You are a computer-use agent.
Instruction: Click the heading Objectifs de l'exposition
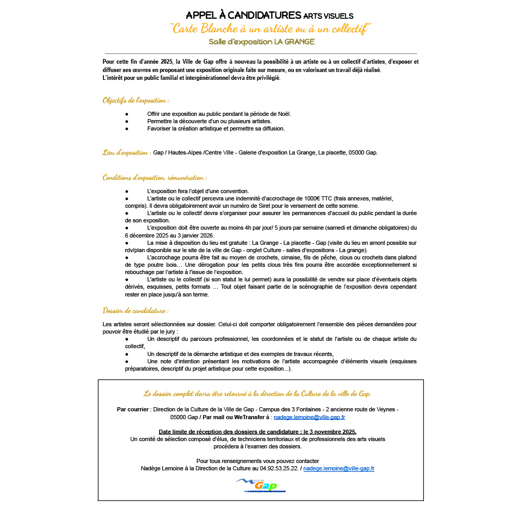click(x=136, y=100)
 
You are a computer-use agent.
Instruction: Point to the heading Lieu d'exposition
click(x=127, y=152)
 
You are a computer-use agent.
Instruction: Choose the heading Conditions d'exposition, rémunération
click(x=155, y=177)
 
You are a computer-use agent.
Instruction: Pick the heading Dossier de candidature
click(x=135, y=311)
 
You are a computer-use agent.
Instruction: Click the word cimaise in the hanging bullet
click(x=295, y=257)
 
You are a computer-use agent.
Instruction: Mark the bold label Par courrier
click(x=133, y=410)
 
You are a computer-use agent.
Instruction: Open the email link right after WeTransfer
click(x=309, y=418)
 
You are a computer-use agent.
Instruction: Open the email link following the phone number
click(x=339, y=469)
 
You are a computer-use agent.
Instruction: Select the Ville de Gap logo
click(x=260, y=485)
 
